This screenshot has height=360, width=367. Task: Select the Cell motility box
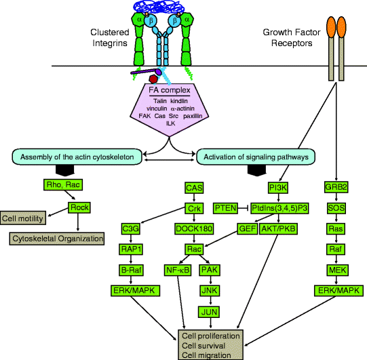click(x=24, y=218)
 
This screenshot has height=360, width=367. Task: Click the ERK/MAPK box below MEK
click(x=338, y=291)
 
